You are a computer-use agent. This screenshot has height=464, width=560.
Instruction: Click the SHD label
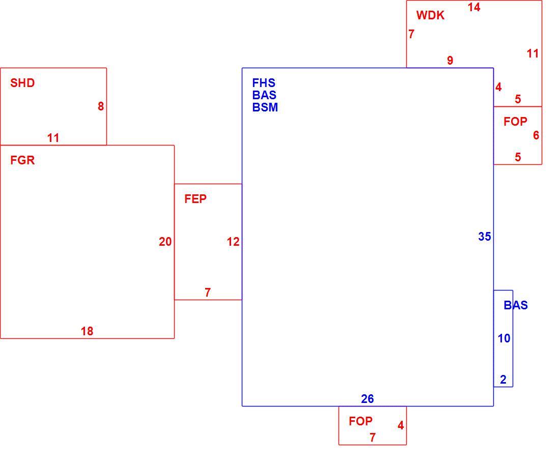pos(22,83)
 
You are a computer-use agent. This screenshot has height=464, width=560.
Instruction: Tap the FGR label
pos(22,160)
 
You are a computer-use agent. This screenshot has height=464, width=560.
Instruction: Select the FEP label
pos(195,199)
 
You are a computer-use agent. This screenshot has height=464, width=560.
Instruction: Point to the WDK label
pos(430,15)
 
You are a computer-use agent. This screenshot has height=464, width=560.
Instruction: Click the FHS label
pos(264,83)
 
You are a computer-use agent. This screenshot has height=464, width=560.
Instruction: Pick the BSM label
pos(265,107)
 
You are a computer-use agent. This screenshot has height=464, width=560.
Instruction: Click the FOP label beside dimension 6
pos(515,122)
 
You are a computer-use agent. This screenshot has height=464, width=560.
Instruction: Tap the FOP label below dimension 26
pos(361,421)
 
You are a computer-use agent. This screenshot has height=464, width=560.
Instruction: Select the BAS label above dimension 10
pos(516,305)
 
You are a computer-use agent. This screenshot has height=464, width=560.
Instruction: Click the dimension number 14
pos(474,7)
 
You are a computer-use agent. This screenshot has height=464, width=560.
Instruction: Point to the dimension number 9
pos(450,61)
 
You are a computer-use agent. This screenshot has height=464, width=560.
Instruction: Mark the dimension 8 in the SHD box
pos(101,106)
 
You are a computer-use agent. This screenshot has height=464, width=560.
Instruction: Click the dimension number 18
pos(87,331)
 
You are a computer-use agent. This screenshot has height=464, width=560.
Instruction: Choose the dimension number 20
pos(165,242)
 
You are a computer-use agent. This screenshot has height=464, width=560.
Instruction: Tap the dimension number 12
pos(233,242)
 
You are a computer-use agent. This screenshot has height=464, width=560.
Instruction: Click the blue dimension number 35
pos(485,236)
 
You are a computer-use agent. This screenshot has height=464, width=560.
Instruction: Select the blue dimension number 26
pos(367,399)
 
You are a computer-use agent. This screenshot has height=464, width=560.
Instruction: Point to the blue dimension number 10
pos(504,338)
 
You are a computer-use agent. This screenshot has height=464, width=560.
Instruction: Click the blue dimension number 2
pos(503,380)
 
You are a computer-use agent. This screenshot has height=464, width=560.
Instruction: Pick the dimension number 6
pos(536,135)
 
